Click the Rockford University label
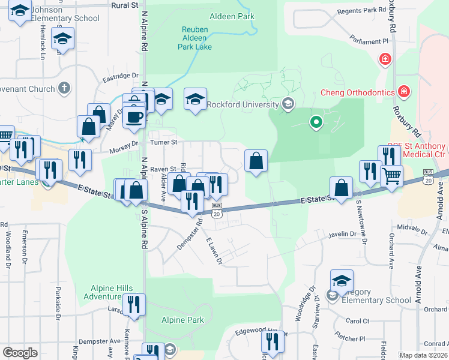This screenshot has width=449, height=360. click(x=243, y=104)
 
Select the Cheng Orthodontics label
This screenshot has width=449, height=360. click(x=357, y=92)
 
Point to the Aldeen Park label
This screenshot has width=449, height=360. click(x=231, y=17)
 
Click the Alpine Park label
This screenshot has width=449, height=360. click(x=182, y=320)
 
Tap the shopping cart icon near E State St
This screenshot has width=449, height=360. click(x=391, y=176)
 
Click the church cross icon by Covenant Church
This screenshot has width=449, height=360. click(x=64, y=89)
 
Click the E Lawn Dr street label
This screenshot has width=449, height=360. click(x=214, y=251)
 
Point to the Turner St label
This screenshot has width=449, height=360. click(x=164, y=142)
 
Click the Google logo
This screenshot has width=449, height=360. click(x=20, y=352)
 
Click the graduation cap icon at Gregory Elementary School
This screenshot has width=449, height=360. click(x=341, y=280)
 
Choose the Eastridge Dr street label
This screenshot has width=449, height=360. click(x=120, y=76)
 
